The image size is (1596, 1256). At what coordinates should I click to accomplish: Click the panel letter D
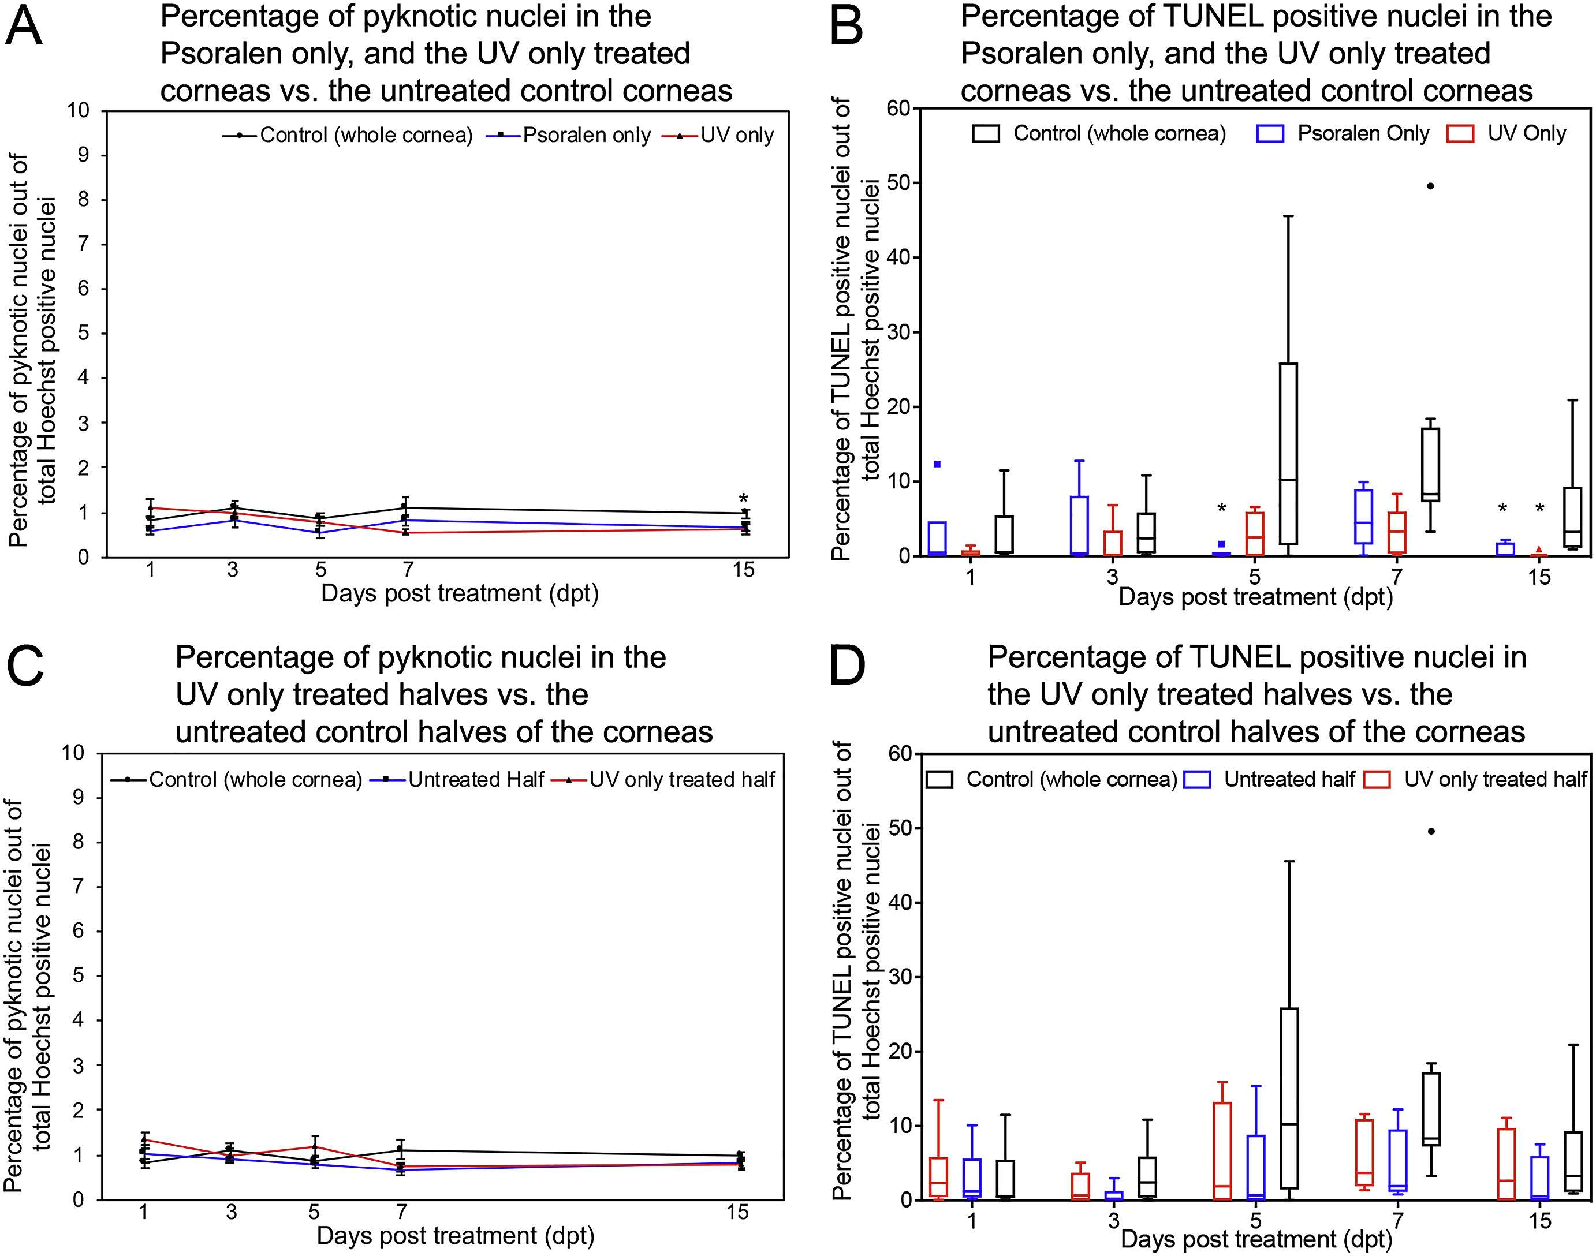point(847,666)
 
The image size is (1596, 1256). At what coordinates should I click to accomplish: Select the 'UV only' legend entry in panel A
point(736,135)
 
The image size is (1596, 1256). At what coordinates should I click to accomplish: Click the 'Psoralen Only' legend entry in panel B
point(1362,133)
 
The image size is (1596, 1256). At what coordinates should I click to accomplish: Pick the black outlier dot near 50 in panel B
point(1430,186)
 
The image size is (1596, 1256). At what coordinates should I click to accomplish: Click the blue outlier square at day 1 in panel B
point(937,464)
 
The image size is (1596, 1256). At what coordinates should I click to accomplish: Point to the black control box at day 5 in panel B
point(1288,454)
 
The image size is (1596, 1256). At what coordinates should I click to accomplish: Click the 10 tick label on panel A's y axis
point(78,111)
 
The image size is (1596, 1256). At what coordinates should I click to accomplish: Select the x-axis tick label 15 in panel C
point(738,1212)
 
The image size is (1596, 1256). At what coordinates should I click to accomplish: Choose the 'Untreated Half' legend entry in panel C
point(476,779)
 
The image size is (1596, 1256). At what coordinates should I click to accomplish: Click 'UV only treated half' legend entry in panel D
point(1494,779)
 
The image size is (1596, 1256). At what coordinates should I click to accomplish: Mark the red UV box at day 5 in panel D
point(1222,1151)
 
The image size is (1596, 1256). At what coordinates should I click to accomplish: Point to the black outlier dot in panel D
point(1430,831)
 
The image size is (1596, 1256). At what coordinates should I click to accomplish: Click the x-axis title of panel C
point(455,1235)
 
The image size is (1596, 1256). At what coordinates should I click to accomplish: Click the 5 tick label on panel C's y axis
point(78,976)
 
